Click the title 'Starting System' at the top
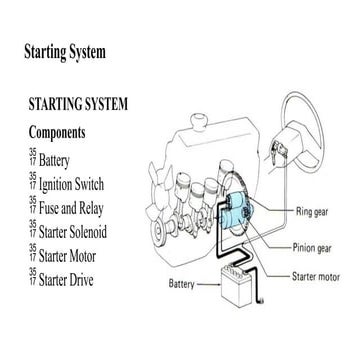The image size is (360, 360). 65,53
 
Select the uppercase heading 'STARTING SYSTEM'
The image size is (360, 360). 78,104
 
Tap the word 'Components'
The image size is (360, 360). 57,133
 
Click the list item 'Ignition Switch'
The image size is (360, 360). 71,184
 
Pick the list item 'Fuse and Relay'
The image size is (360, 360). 71,208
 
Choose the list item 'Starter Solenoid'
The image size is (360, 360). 73,232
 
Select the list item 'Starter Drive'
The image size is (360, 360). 66,280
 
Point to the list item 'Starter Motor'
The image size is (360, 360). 67,256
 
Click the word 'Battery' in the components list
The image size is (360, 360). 54,161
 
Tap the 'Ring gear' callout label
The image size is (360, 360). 312,212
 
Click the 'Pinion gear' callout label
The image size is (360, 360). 312,248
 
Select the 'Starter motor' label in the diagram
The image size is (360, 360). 316,277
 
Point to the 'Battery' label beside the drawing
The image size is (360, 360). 181,284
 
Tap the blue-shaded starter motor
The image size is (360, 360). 237,213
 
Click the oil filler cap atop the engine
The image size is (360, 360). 199,122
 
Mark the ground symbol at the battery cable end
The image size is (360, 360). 261,301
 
